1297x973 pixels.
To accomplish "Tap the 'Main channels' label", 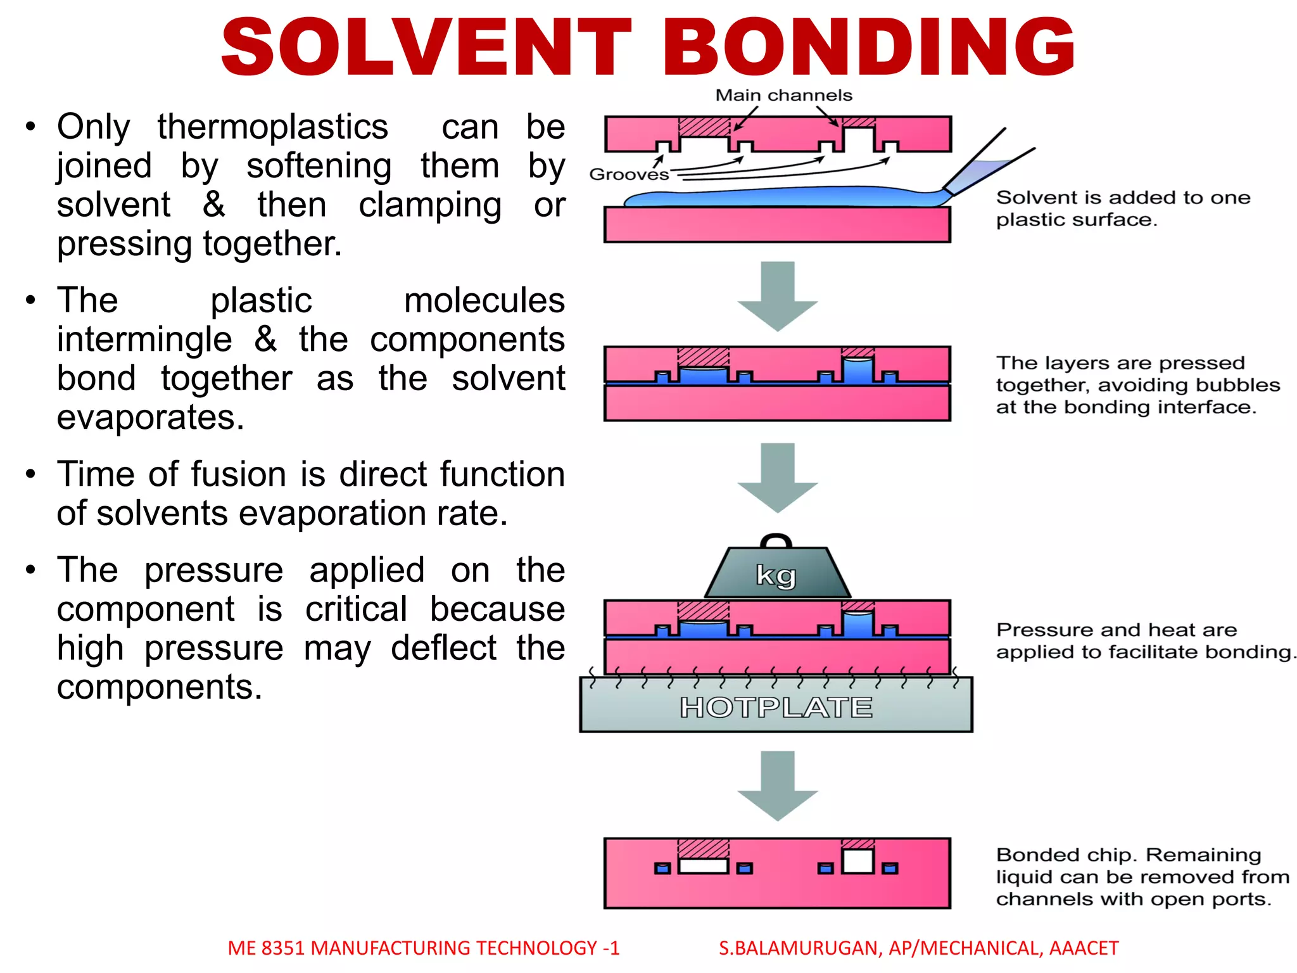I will pyautogui.click(x=783, y=96).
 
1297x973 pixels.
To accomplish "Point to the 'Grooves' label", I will pyautogui.click(x=628, y=174).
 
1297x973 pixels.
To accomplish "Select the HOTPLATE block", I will pyautogui.click(x=776, y=706).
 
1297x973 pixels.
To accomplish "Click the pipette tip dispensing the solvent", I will pyautogui.click(x=948, y=189).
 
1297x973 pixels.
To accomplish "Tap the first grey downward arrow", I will pyautogui.click(x=777, y=295).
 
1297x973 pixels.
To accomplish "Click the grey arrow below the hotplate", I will pyautogui.click(x=777, y=785).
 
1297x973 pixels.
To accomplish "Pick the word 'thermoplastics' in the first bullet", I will pyautogui.click(x=272, y=127).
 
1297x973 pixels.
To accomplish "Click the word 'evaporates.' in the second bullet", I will pyautogui.click(x=150, y=417).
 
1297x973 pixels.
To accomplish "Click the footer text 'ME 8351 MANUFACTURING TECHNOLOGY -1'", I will pyautogui.click(x=423, y=948).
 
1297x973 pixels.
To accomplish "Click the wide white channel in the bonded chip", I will pyautogui.click(x=703, y=866).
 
